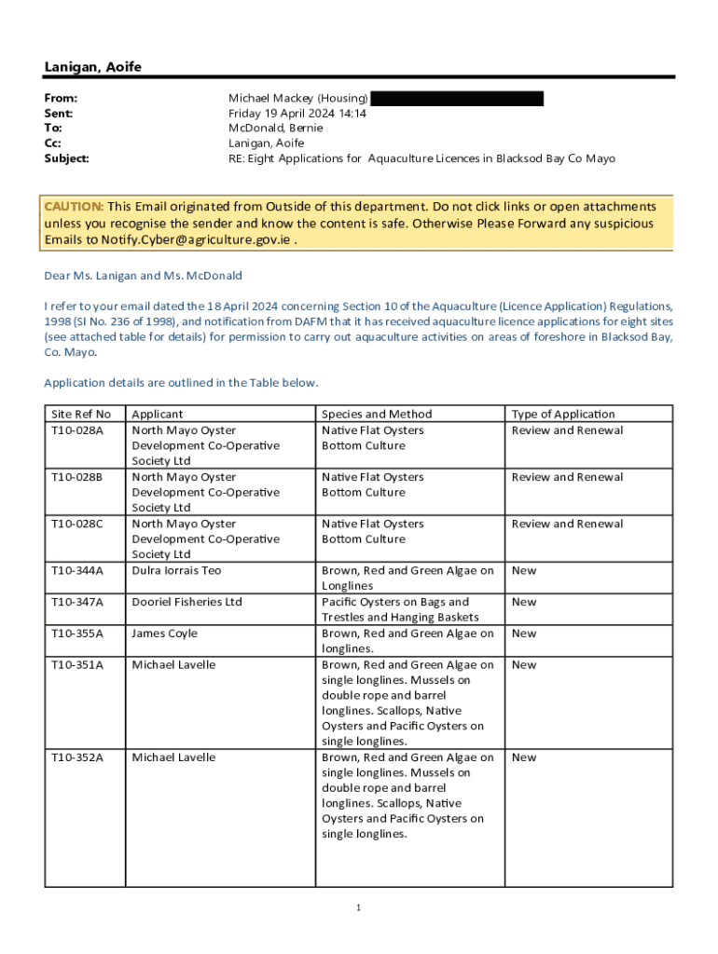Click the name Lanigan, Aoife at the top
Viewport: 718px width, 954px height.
tap(93, 67)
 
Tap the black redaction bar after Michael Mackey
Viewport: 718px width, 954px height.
tap(457, 98)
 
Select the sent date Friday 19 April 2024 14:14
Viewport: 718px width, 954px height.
tap(297, 114)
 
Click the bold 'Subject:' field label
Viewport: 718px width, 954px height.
tap(67, 158)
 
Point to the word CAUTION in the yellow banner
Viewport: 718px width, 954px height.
tap(74, 206)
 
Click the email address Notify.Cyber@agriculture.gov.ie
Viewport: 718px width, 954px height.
tap(196, 240)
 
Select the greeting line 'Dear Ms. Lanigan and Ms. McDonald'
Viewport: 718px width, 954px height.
tap(143, 276)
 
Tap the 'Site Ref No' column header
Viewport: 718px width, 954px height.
tap(81, 414)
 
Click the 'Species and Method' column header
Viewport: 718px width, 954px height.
tap(377, 414)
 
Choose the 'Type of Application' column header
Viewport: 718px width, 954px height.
tap(563, 414)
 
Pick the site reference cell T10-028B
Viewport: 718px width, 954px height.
tap(77, 477)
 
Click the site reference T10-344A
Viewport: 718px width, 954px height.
tap(78, 570)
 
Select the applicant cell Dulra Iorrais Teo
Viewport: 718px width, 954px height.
tap(176, 570)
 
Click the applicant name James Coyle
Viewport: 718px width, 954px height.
tap(164, 634)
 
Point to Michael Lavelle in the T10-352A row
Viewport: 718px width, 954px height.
tap(173, 757)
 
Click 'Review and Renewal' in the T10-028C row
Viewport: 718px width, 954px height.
tap(567, 524)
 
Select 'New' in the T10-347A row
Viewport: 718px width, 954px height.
tap(524, 602)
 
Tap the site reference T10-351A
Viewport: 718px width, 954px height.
tap(78, 665)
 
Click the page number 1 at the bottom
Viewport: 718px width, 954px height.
tap(358, 907)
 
